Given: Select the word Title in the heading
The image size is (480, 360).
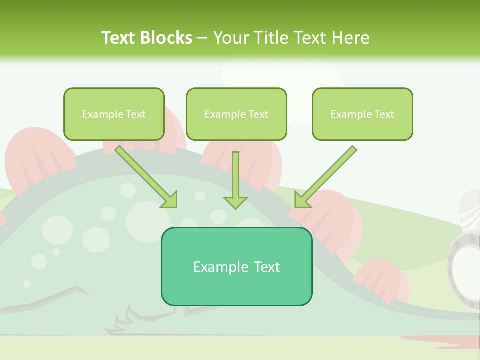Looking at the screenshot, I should click(270, 38).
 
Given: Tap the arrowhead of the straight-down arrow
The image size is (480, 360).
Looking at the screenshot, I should click(235, 202).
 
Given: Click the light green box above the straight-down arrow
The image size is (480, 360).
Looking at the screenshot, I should click(236, 114).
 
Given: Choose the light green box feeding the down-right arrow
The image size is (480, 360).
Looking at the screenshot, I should click(114, 114).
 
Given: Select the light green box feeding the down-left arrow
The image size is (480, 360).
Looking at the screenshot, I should click(362, 114).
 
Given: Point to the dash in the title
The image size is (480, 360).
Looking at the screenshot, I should click(202, 38).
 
